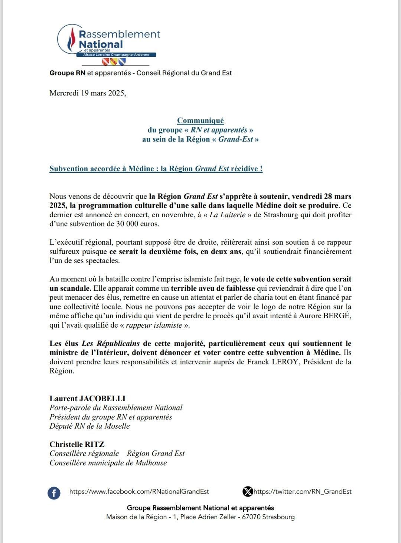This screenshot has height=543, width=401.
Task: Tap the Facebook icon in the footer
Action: pos(54,493)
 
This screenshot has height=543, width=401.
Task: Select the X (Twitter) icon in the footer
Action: pos(247,492)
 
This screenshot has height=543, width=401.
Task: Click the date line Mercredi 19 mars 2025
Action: pos(88,93)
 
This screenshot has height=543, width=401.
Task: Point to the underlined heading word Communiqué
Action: pos(200,120)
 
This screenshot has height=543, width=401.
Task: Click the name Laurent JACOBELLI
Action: pos(88,399)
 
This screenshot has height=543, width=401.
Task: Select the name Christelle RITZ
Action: pos(77,444)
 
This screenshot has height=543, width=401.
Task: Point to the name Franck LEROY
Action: pos(273,362)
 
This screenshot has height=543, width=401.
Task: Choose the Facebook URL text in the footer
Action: pos(139,491)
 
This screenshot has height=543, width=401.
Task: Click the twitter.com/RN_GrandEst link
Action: pos(303,491)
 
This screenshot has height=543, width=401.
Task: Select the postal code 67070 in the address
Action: pos(251,517)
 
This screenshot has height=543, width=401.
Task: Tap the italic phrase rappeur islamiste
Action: pos(154,325)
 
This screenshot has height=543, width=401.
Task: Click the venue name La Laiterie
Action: pos(227,215)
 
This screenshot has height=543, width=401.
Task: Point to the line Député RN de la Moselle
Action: pos(89,426)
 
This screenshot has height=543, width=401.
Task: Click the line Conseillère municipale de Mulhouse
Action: pos(108,463)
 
